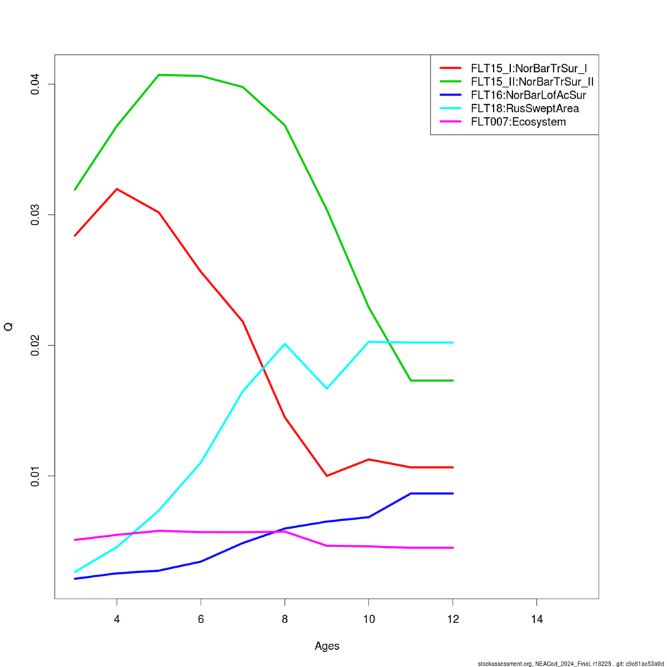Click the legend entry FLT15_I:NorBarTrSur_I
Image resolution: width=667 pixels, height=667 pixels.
pyautogui.click(x=528, y=68)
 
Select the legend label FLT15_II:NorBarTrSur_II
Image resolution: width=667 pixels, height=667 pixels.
pyautogui.click(x=531, y=81)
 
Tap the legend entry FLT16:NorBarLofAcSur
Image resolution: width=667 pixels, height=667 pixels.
pyautogui.click(x=527, y=95)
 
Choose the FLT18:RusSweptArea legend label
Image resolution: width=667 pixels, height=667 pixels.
pyautogui.click(x=525, y=109)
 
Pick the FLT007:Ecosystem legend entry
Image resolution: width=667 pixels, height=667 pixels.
pyautogui.click(x=518, y=123)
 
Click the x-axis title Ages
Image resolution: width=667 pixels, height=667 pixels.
pyautogui.click(x=327, y=646)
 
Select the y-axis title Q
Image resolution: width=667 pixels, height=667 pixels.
pyautogui.click(x=9, y=327)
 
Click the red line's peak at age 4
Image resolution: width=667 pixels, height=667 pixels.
pyautogui.click(x=117, y=189)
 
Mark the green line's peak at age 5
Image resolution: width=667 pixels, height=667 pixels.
pyautogui.click(x=159, y=75)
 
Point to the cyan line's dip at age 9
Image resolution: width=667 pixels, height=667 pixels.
pyautogui.click(x=327, y=388)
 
